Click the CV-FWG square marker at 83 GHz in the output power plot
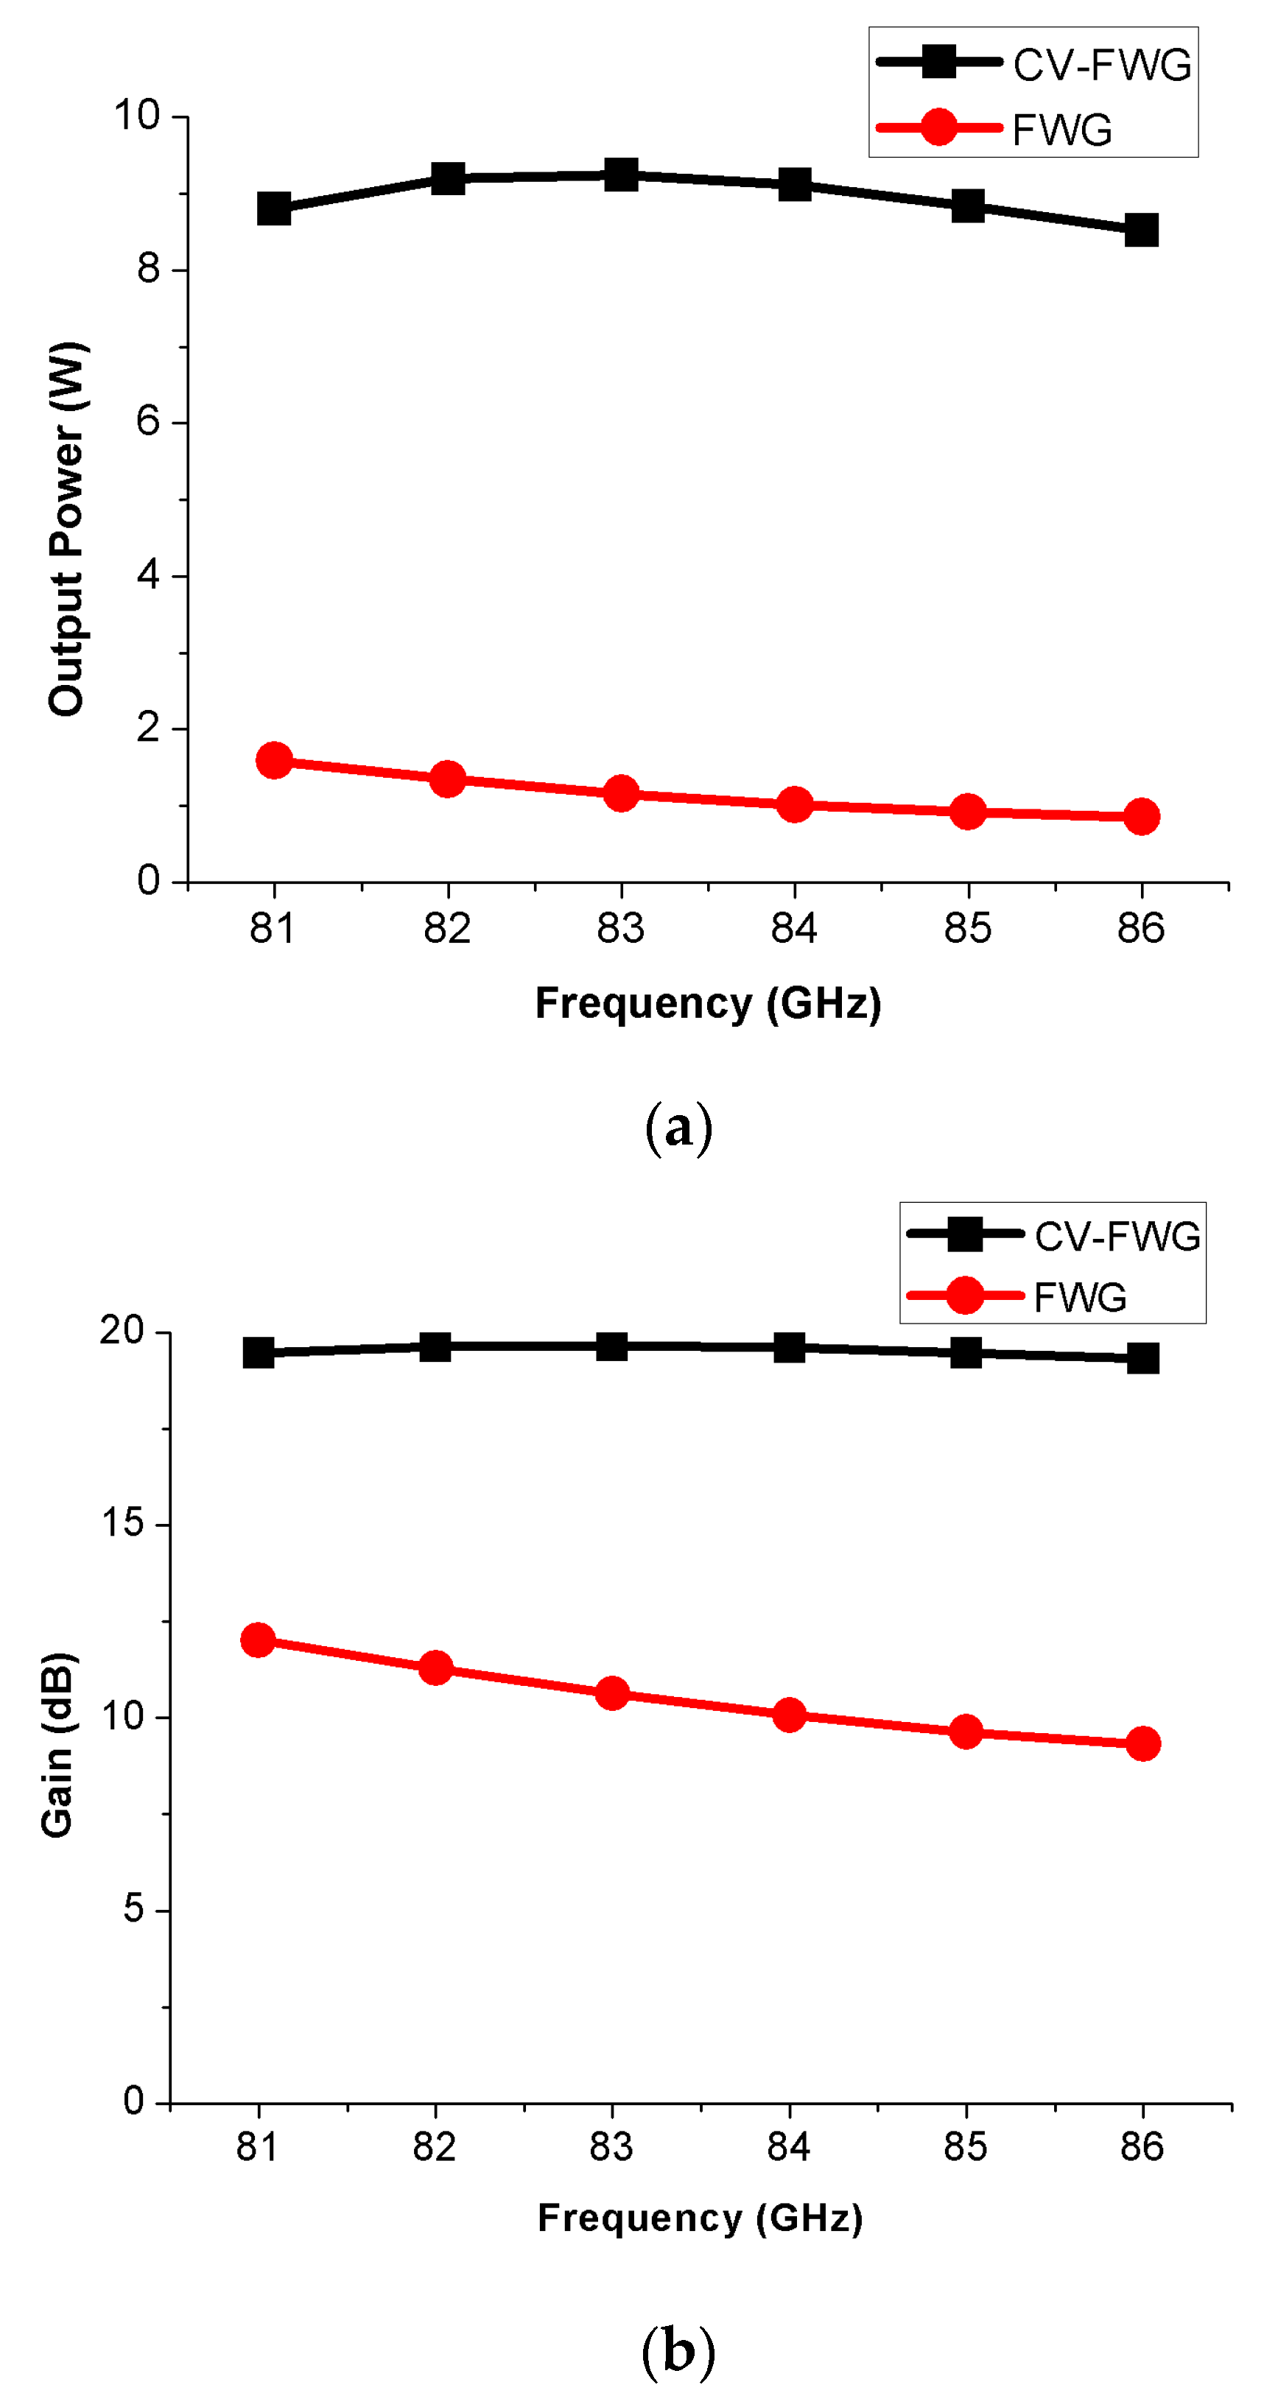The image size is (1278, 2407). coord(621,174)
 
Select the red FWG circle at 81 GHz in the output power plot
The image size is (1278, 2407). coord(274,761)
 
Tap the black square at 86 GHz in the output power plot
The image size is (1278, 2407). coord(1142,230)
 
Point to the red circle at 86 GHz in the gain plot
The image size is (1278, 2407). coord(1143,1743)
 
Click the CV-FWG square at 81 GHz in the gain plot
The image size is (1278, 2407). coord(259,1352)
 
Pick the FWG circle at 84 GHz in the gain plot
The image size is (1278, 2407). coord(790,1715)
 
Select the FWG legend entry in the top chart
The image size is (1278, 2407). coord(1061,129)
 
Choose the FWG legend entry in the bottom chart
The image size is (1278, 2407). coord(1079,1297)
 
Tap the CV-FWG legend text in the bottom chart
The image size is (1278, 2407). coord(1117,1236)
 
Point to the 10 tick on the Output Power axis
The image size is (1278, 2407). coord(136,116)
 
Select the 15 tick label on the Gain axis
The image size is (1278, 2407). coord(122,1523)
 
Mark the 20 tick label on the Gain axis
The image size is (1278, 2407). coord(122,1331)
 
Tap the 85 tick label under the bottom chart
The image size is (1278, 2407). coord(965,2146)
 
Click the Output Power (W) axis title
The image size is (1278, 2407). coord(66,529)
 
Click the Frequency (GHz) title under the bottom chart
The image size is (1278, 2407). coord(700,2217)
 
